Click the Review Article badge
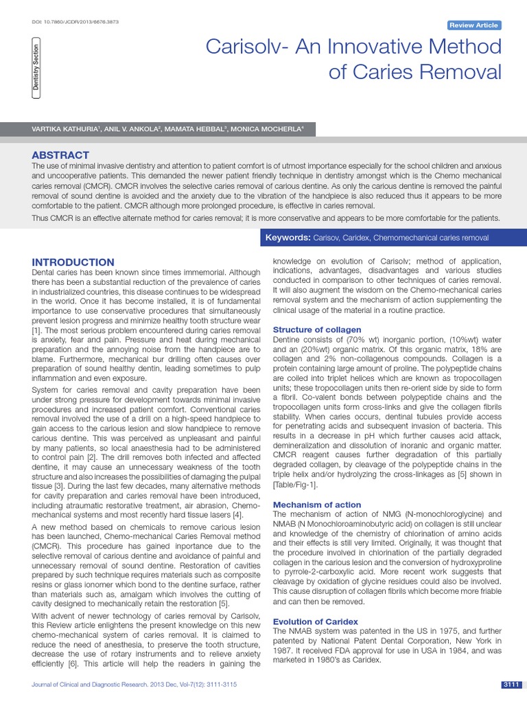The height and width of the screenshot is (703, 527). click(x=473, y=25)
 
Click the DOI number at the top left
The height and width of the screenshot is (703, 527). click(x=75, y=22)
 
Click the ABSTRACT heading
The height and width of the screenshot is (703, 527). click(x=60, y=155)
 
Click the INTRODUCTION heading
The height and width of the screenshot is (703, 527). click(x=73, y=262)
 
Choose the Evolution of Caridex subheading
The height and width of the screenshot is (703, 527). click(x=316, y=621)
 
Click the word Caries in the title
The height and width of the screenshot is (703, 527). click(x=386, y=71)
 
